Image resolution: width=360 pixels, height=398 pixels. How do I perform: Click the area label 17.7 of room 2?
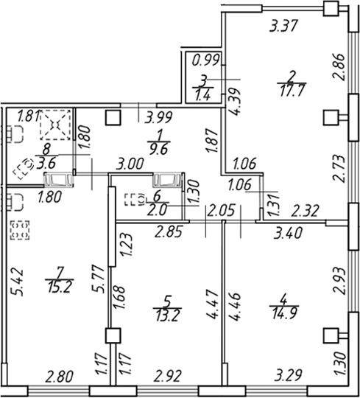292,91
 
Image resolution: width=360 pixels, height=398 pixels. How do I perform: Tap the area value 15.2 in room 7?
60,287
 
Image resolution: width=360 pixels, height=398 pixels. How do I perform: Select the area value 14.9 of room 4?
284,313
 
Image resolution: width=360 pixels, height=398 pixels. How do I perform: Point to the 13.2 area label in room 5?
168,315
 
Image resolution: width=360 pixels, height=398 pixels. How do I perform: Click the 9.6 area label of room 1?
159,149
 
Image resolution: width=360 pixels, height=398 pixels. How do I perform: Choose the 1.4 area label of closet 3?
202,95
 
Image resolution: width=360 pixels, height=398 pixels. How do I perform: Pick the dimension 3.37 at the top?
283,26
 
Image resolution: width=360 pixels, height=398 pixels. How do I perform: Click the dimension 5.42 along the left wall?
18,282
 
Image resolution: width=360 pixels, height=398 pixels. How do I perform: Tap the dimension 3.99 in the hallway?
158,117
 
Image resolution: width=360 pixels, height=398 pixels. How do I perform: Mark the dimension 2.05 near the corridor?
220,210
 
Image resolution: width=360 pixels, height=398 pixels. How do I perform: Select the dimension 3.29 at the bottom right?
289,377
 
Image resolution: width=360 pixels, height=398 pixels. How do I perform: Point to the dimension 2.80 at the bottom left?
60,377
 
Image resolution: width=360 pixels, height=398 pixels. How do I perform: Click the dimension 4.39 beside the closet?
233,102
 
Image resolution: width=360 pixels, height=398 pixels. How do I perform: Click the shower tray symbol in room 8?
55,125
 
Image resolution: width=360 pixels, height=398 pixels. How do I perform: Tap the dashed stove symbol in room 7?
20,230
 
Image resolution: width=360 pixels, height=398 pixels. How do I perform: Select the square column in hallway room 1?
113,118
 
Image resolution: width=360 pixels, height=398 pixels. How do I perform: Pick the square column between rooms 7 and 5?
113,336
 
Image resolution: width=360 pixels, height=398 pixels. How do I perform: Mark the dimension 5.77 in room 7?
99,279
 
